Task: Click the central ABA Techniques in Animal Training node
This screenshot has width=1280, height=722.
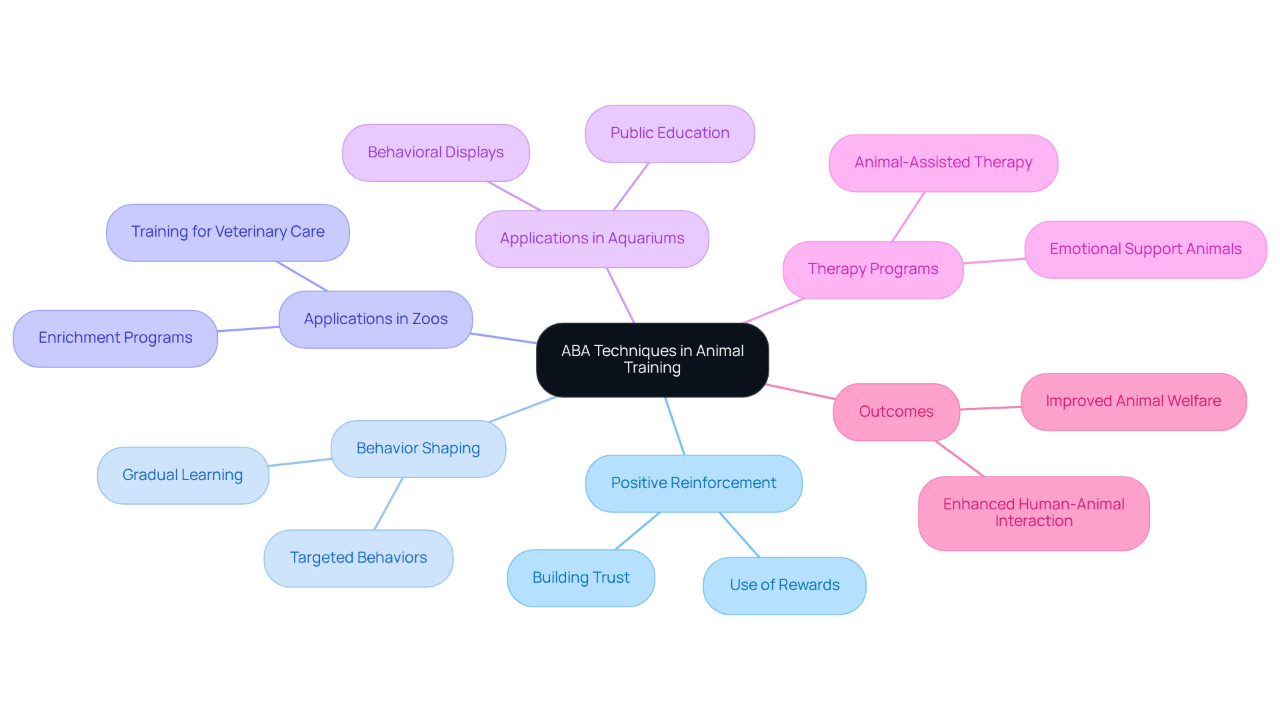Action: point(652,359)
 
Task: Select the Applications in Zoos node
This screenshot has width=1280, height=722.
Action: point(375,319)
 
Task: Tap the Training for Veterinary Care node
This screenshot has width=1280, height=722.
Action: point(227,232)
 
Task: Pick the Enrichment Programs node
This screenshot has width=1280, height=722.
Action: point(115,338)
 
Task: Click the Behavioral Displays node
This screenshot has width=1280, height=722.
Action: point(435,153)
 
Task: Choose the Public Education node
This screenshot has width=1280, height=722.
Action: point(669,133)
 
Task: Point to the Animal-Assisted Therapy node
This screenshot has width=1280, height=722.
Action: point(943,163)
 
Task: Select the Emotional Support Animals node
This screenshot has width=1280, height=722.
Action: point(1145,249)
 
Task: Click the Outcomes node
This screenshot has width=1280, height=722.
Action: point(896,411)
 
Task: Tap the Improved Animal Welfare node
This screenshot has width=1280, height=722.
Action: point(1133,401)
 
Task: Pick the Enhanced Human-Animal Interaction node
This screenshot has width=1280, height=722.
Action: point(1033,513)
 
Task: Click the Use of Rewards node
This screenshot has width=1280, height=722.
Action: point(784,585)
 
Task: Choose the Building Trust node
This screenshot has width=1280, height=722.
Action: point(581,578)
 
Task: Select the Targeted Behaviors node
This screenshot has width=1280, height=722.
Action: point(358,558)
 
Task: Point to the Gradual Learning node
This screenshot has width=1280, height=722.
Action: point(183,475)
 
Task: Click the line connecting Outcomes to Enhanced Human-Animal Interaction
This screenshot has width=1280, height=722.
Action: point(959,458)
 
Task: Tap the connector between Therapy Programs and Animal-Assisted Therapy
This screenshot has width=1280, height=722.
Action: point(908,217)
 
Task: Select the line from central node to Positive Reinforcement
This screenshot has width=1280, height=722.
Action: point(675,426)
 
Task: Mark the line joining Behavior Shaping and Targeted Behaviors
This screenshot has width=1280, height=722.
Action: point(389,503)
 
